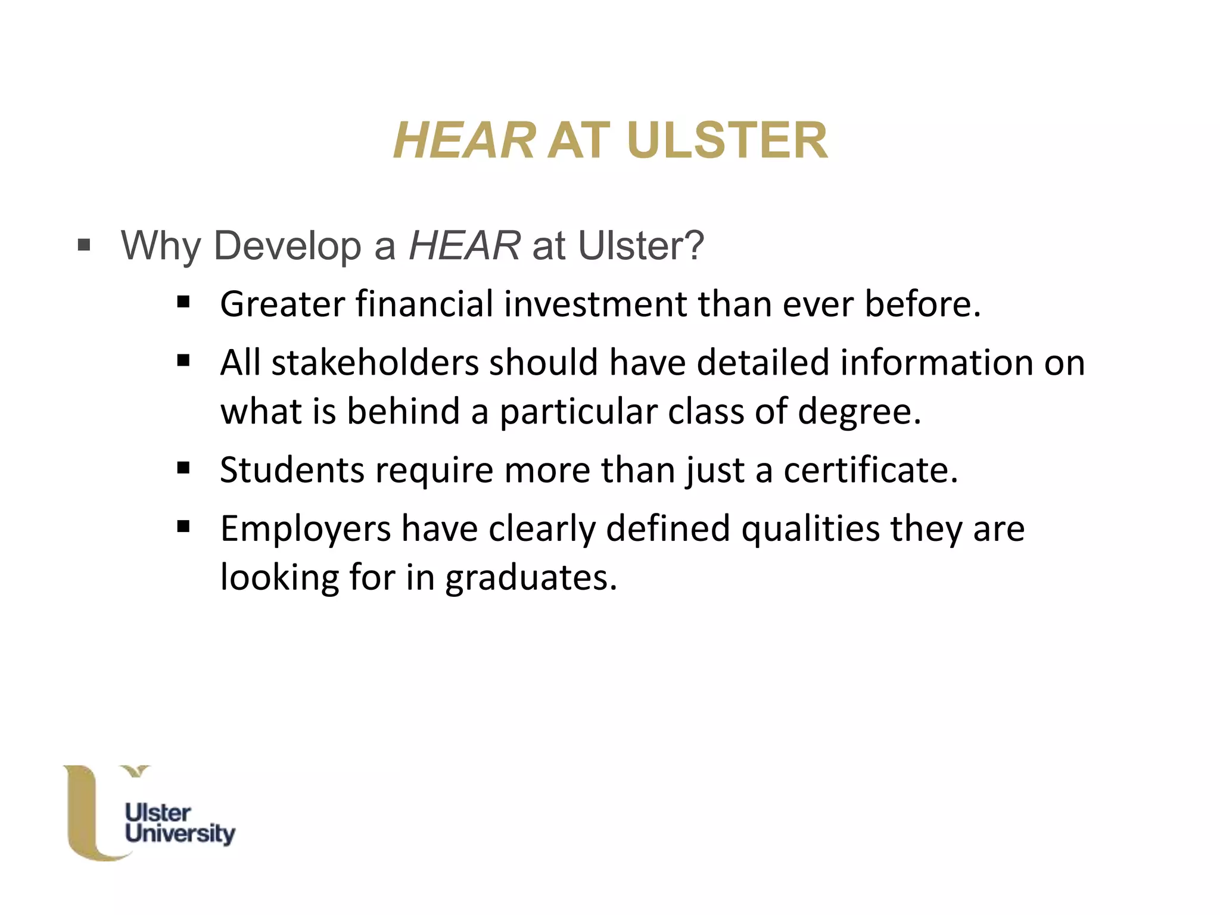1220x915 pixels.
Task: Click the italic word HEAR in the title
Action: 464,141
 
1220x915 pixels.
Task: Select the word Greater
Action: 282,304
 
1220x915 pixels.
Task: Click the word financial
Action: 425,304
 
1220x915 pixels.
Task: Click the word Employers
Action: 305,528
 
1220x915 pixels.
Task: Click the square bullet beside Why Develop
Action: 84,245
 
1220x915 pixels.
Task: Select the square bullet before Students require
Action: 183,468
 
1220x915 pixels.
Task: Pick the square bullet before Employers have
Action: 183,527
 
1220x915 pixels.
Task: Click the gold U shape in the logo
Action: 83,816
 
